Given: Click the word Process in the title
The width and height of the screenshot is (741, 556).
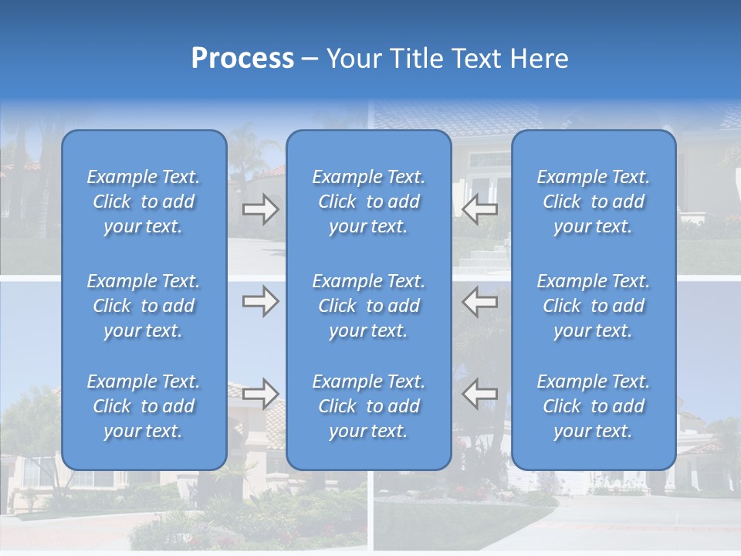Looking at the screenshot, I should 242,59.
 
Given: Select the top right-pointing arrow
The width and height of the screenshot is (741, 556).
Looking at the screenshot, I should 261,209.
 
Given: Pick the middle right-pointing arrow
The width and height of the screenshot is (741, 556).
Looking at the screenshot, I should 261,301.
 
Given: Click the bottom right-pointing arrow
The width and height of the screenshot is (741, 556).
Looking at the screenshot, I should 261,394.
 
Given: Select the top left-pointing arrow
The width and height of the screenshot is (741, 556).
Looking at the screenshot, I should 479,209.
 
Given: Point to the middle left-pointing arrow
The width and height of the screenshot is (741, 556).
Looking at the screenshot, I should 479,301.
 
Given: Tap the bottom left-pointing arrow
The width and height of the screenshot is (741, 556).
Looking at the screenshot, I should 479,394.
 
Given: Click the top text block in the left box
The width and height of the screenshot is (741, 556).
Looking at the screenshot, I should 144,202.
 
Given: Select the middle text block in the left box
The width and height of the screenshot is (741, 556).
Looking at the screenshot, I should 144,306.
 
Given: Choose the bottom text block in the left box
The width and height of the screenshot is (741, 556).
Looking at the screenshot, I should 144,406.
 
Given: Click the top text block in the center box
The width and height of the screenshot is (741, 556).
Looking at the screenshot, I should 369,202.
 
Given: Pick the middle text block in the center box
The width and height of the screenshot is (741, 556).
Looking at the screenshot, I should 369,306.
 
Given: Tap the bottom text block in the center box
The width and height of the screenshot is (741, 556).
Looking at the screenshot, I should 369,406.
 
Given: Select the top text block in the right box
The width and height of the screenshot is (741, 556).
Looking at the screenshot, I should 594,202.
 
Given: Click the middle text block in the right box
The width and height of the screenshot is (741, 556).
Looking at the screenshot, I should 594,306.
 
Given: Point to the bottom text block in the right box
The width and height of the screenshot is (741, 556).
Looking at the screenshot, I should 594,406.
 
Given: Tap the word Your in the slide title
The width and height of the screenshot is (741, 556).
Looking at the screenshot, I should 354,59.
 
